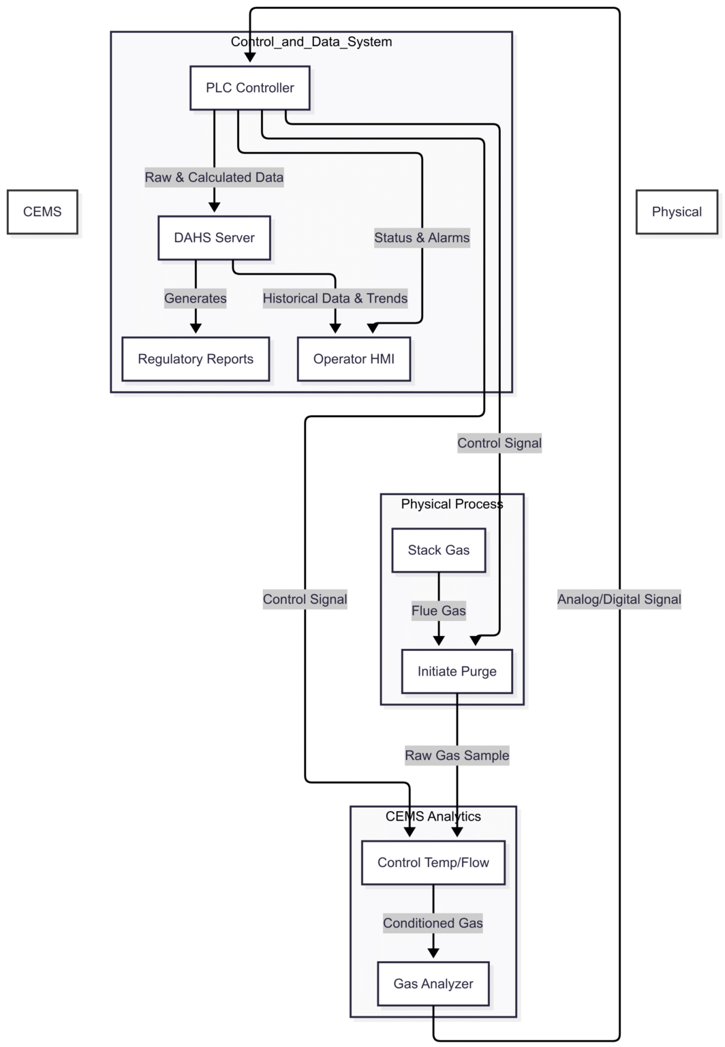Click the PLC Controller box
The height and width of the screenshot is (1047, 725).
(249, 88)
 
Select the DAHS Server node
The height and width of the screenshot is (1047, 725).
(214, 238)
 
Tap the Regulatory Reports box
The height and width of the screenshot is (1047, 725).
(196, 359)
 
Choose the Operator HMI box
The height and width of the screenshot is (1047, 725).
(354, 359)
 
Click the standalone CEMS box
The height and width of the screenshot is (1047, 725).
(42, 212)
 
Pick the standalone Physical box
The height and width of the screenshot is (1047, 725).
(676, 212)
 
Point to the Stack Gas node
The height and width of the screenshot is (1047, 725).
(438, 550)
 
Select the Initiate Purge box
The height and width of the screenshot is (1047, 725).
(457, 671)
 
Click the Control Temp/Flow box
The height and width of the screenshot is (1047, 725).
(433, 863)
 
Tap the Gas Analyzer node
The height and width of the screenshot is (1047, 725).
(433, 984)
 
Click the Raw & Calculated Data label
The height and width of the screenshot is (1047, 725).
(214, 177)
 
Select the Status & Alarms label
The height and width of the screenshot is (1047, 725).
(422, 238)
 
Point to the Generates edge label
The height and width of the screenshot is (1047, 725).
(196, 299)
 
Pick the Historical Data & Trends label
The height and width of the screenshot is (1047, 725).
(335, 299)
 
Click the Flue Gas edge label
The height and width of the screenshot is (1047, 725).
(438, 611)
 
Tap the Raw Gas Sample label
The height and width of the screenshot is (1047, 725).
(457, 755)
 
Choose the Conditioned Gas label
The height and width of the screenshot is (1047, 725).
(433, 923)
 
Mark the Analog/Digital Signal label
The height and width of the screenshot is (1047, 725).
(619, 599)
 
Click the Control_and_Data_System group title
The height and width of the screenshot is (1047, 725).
(311, 42)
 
